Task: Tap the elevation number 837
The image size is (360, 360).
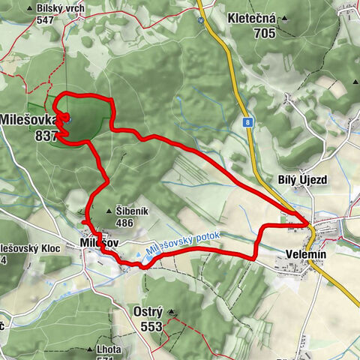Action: point(46,136)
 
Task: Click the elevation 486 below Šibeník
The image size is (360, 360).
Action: point(124,223)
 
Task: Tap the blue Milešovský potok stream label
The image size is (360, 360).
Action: point(184,245)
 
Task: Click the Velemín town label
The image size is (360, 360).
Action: point(306,255)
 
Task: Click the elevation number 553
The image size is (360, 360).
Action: point(151,326)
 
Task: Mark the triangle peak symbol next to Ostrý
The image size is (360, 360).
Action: point(172,311)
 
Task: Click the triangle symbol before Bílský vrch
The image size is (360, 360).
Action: point(30,9)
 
